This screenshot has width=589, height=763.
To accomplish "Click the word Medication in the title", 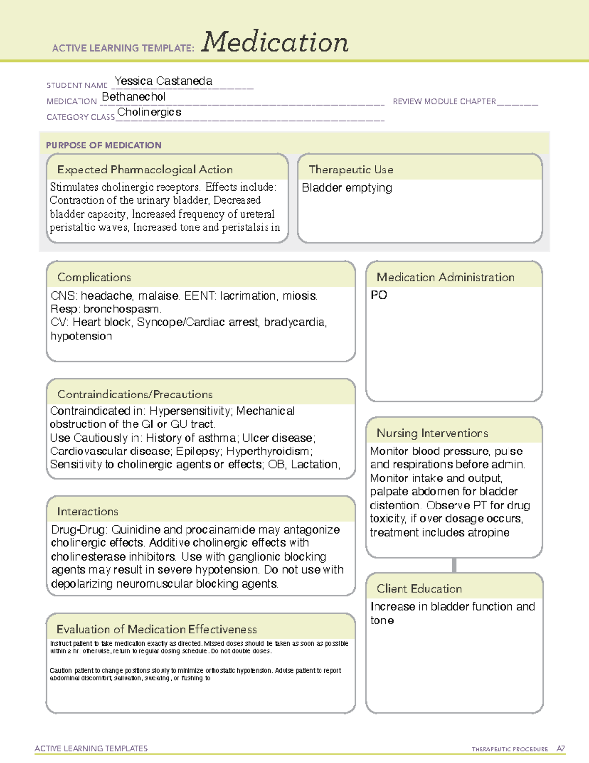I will click(x=275, y=42).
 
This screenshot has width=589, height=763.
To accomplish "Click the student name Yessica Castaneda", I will click(x=163, y=81).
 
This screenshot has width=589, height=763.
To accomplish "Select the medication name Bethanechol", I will click(x=134, y=97).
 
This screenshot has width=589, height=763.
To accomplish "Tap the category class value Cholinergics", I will click(x=149, y=112).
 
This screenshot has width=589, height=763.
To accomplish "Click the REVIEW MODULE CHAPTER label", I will click(x=444, y=101).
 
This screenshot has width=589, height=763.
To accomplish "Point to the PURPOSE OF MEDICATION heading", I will click(x=103, y=145).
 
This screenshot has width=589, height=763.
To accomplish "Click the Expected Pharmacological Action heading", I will click(x=145, y=170).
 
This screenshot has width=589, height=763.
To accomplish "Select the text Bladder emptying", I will click(x=347, y=188).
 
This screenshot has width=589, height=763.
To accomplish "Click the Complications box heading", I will click(x=94, y=277).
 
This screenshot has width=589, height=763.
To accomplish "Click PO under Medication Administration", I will click(x=378, y=295).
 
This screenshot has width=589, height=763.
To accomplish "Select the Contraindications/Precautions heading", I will click(x=134, y=395).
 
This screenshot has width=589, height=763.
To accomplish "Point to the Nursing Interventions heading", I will click(x=432, y=433).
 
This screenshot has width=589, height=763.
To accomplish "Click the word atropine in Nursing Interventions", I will click(x=488, y=533).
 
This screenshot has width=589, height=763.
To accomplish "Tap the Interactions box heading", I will click(x=87, y=512).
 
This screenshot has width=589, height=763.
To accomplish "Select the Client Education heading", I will click(x=419, y=589).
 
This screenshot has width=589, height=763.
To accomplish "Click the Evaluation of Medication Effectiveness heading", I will click(x=157, y=629).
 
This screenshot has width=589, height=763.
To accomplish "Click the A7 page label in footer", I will click(x=561, y=749).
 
